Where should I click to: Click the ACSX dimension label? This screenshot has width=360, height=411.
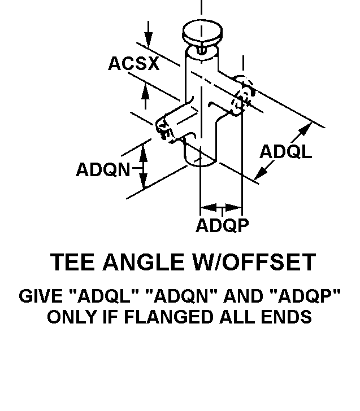[133, 64]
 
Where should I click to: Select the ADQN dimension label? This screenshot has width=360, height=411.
[103, 169]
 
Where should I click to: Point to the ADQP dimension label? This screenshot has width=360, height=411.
[222, 225]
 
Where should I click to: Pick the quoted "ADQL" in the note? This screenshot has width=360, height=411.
[104, 296]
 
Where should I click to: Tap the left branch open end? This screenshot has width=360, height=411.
[164, 129]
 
